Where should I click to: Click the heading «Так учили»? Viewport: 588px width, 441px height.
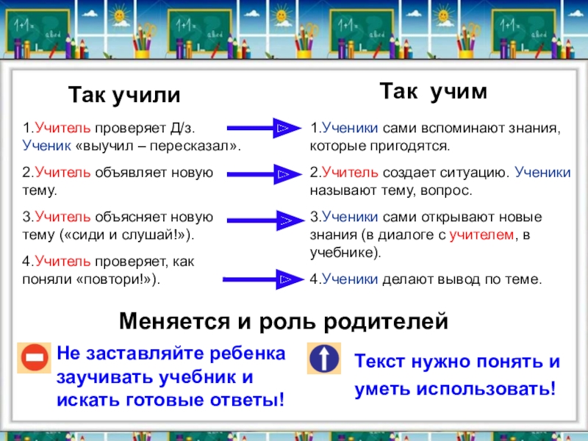point(124,96)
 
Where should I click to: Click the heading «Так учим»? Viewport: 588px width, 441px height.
point(433,91)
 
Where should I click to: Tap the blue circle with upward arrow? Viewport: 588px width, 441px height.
point(324,359)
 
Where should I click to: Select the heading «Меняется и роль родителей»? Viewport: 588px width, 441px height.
point(283,321)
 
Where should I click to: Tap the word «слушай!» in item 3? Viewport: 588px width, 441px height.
point(154,235)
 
